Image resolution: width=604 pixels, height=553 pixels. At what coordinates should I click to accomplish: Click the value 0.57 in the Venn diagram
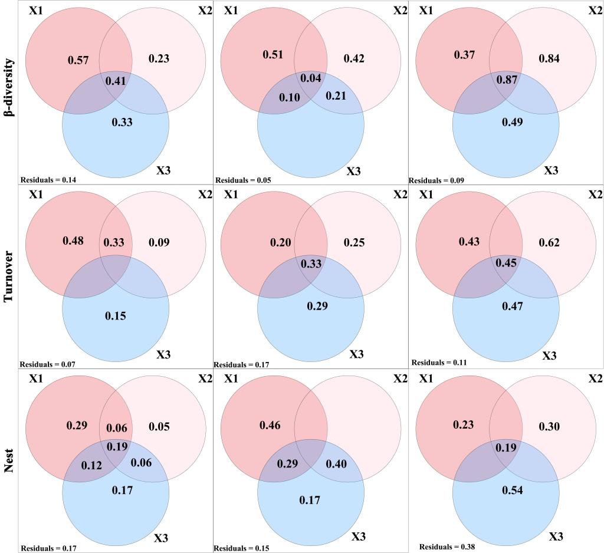coord(78,60)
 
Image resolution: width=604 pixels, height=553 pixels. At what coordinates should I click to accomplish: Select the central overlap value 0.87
coord(508,79)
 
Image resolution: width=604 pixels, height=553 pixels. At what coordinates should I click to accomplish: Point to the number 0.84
coord(550,58)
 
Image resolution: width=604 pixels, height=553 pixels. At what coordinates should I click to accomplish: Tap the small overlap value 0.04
coord(311,78)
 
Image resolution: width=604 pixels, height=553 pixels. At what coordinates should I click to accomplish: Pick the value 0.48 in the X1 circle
coord(73,241)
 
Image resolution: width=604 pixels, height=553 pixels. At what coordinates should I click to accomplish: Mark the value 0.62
coord(550,242)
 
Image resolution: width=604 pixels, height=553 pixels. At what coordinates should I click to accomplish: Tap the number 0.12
coord(91,466)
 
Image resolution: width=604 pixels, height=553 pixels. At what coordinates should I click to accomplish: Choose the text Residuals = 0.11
coord(439,363)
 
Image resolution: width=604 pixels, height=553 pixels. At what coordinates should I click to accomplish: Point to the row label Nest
coord(9,460)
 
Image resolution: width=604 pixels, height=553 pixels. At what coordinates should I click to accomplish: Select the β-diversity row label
coord(9,88)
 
